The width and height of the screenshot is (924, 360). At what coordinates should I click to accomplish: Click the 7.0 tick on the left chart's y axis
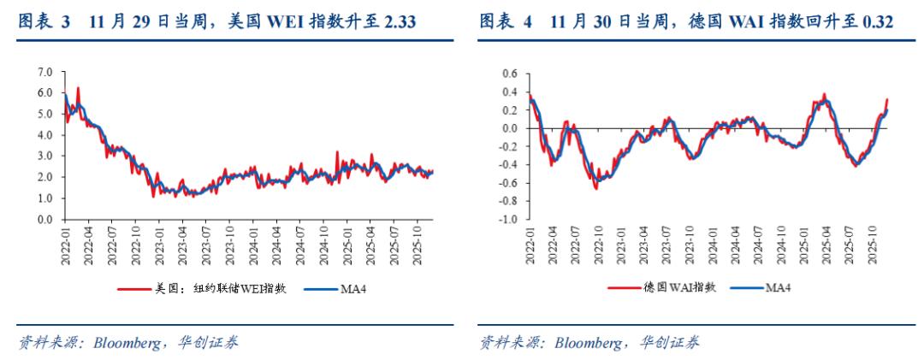46,72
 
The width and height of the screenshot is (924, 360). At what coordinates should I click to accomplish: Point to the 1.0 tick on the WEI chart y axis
46,198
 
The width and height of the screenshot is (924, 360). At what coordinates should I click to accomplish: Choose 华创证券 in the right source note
670,343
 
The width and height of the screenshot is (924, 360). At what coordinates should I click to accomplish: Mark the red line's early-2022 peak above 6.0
78,87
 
